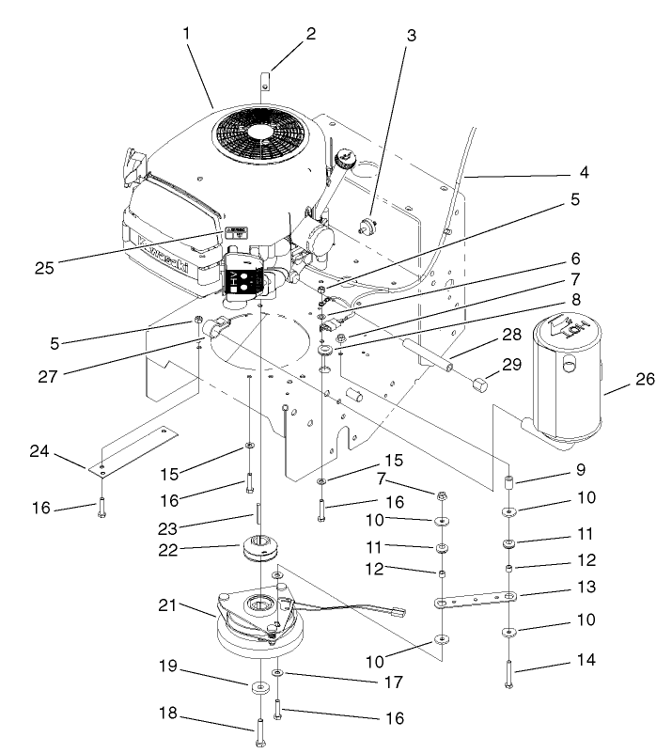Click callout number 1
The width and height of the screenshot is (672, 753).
click(187, 33)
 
